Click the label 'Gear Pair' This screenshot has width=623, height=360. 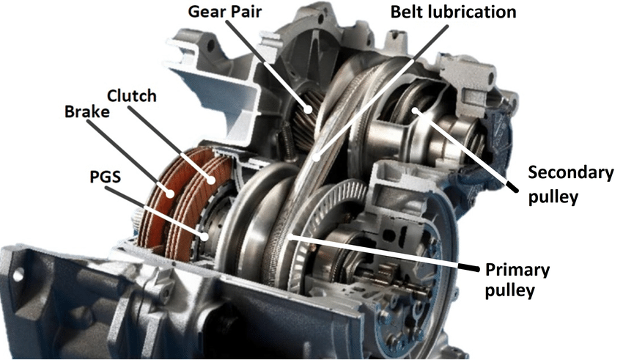click(x=225, y=12)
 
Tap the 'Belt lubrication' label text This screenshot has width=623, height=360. click(x=454, y=12)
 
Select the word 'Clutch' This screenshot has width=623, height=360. click(x=132, y=96)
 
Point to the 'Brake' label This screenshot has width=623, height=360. click(x=87, y=111)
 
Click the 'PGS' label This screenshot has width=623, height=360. click(x=106, y=177)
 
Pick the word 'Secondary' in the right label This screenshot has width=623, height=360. click(x=571, y=173)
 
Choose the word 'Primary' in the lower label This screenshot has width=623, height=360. click(x=517, y=270)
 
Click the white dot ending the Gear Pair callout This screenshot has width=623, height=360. click(x=308, y=109)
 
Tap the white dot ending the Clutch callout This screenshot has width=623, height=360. click(x=211, y=180)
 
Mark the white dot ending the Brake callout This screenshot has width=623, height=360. click(x=170, y=194)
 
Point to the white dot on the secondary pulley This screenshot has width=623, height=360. click(x=414, y=110)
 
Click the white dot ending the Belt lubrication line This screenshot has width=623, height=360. click(x=317, y=158)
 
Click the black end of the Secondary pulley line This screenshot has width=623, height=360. click(x=512, y=187)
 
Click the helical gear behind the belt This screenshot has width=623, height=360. click(x=305, y=115)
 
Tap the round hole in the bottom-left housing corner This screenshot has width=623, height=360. click(x=18, y=274)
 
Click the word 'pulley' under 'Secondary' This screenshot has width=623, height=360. click(x=553, y=197)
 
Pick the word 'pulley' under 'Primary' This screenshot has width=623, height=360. click(x=510, y=290)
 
